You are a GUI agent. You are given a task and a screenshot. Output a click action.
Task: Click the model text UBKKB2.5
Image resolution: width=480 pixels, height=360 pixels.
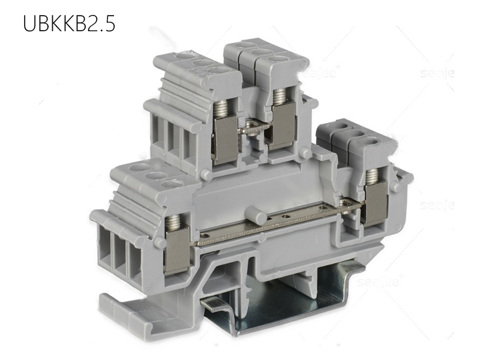pos(68,23)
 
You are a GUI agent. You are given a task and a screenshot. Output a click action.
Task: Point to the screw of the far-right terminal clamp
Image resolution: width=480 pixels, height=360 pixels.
pos(372,176)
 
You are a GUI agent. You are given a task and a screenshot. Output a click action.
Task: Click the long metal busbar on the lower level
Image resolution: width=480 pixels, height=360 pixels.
pos(270,226)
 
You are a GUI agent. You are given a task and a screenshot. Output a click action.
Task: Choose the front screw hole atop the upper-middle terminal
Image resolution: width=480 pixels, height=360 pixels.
pos(277,60)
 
